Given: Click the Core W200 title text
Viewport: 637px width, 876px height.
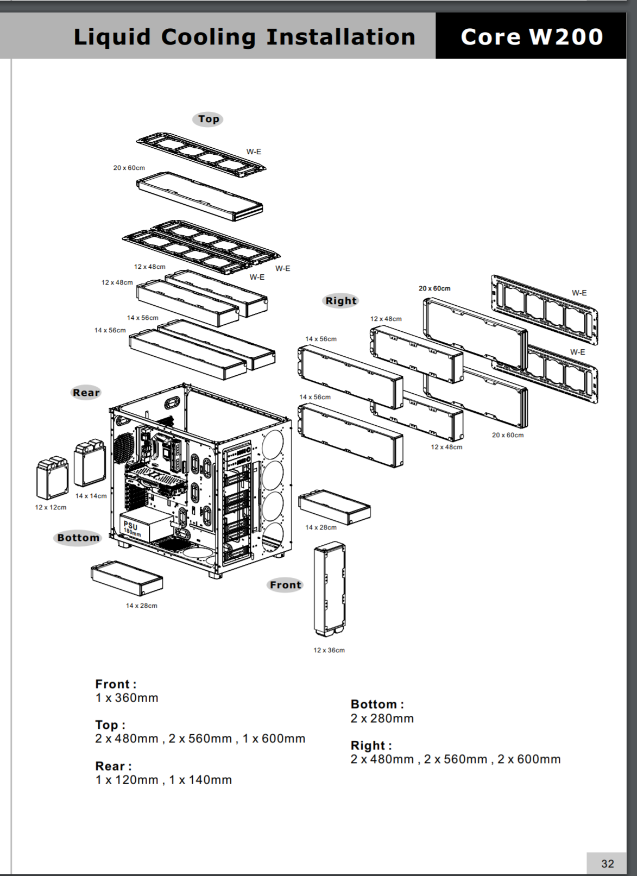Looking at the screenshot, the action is pyautogui.click(x=532, y=37).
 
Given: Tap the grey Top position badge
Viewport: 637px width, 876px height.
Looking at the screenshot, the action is pyautogui.click(x=208, y=119).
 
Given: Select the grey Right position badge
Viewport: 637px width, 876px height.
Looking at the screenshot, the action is pyautogui.click(x=341, y=301).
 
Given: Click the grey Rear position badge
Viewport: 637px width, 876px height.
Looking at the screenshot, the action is pyautogui.click(x=86, y=392).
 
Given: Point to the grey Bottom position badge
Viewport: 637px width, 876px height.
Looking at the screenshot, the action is pyautogui.click(x=78, y=538).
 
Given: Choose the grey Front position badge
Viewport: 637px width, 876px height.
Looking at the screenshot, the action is pyautogui.click(x=286, y=585).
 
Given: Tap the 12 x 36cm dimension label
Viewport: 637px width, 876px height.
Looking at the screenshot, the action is pyautogui.click(x=329, y=651).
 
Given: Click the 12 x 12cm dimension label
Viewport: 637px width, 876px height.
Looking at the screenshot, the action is pyautogui.click(x=51, y=507).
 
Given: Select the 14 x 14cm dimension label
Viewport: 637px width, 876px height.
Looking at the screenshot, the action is pyautogui.click(x=91, y=496).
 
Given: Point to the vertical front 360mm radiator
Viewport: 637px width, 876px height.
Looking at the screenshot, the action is pyautogui.click(x=330, y=589).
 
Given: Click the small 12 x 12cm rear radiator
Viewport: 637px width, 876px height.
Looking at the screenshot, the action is pyautogui.click(x=52, y=477).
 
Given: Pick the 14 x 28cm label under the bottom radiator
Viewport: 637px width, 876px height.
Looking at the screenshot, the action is pyautogui.click(x=142, y=606).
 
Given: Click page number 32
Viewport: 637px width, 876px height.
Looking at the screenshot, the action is pyautogui.click(x=607, y=864).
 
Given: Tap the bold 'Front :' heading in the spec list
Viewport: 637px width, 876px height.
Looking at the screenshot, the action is pyautogui.click(x=116, y=684).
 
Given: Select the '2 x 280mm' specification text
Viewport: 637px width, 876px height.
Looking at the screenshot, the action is pyautogui.click(x=382, y=719).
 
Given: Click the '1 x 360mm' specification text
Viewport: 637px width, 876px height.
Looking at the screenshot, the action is pyautogui.click(x=127, y=698).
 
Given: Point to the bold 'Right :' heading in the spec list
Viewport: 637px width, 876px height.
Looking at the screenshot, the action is pyautogui.click(x=371, y=745).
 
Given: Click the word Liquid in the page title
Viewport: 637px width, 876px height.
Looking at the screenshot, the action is pyautogui.click(x=112, y=37).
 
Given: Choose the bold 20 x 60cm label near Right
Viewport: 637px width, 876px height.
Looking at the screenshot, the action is pyautogui.click(x=434, y=288).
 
